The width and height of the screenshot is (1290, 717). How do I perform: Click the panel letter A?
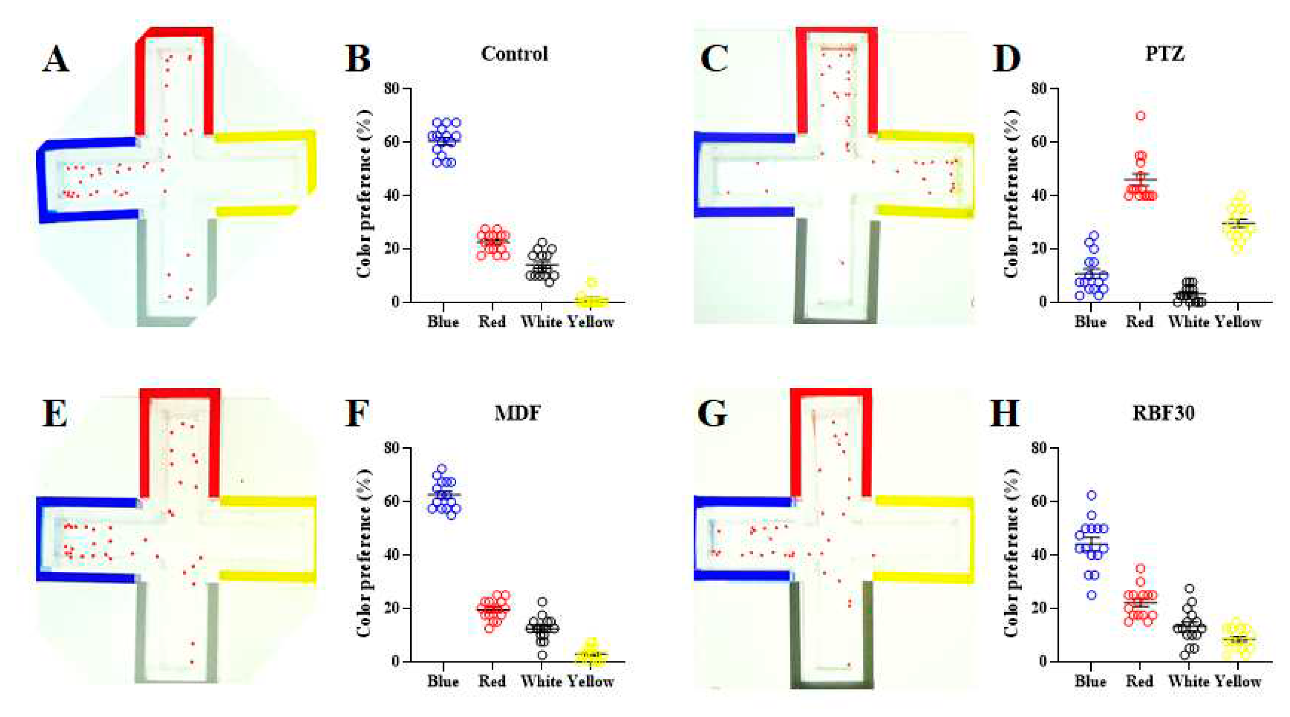pos(56,59)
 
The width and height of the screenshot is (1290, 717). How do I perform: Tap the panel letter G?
pos(712,414)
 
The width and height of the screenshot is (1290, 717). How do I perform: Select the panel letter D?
pos(1005,59)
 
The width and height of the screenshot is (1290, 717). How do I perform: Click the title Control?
pos(514,54)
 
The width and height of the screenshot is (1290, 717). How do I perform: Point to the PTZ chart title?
pos(1165,54)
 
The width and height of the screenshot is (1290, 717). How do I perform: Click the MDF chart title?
pos(517,413)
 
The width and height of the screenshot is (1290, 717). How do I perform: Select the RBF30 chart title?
pos(1163,413)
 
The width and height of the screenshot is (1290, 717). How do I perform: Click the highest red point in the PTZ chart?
pos(1140,116)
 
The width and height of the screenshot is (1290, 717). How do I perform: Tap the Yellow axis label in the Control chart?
pos(591,322)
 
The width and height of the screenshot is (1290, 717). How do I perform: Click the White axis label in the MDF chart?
pos(541,681)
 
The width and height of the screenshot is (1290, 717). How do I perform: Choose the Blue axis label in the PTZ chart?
pos(1090,322)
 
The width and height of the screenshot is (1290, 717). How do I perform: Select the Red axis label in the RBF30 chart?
pos(1139,681)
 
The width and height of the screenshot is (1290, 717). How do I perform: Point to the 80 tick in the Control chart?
pos(392,89)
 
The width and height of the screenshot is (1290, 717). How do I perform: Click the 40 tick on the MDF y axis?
pos(392,555)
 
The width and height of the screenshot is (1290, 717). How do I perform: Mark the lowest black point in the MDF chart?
pos(542,655)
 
